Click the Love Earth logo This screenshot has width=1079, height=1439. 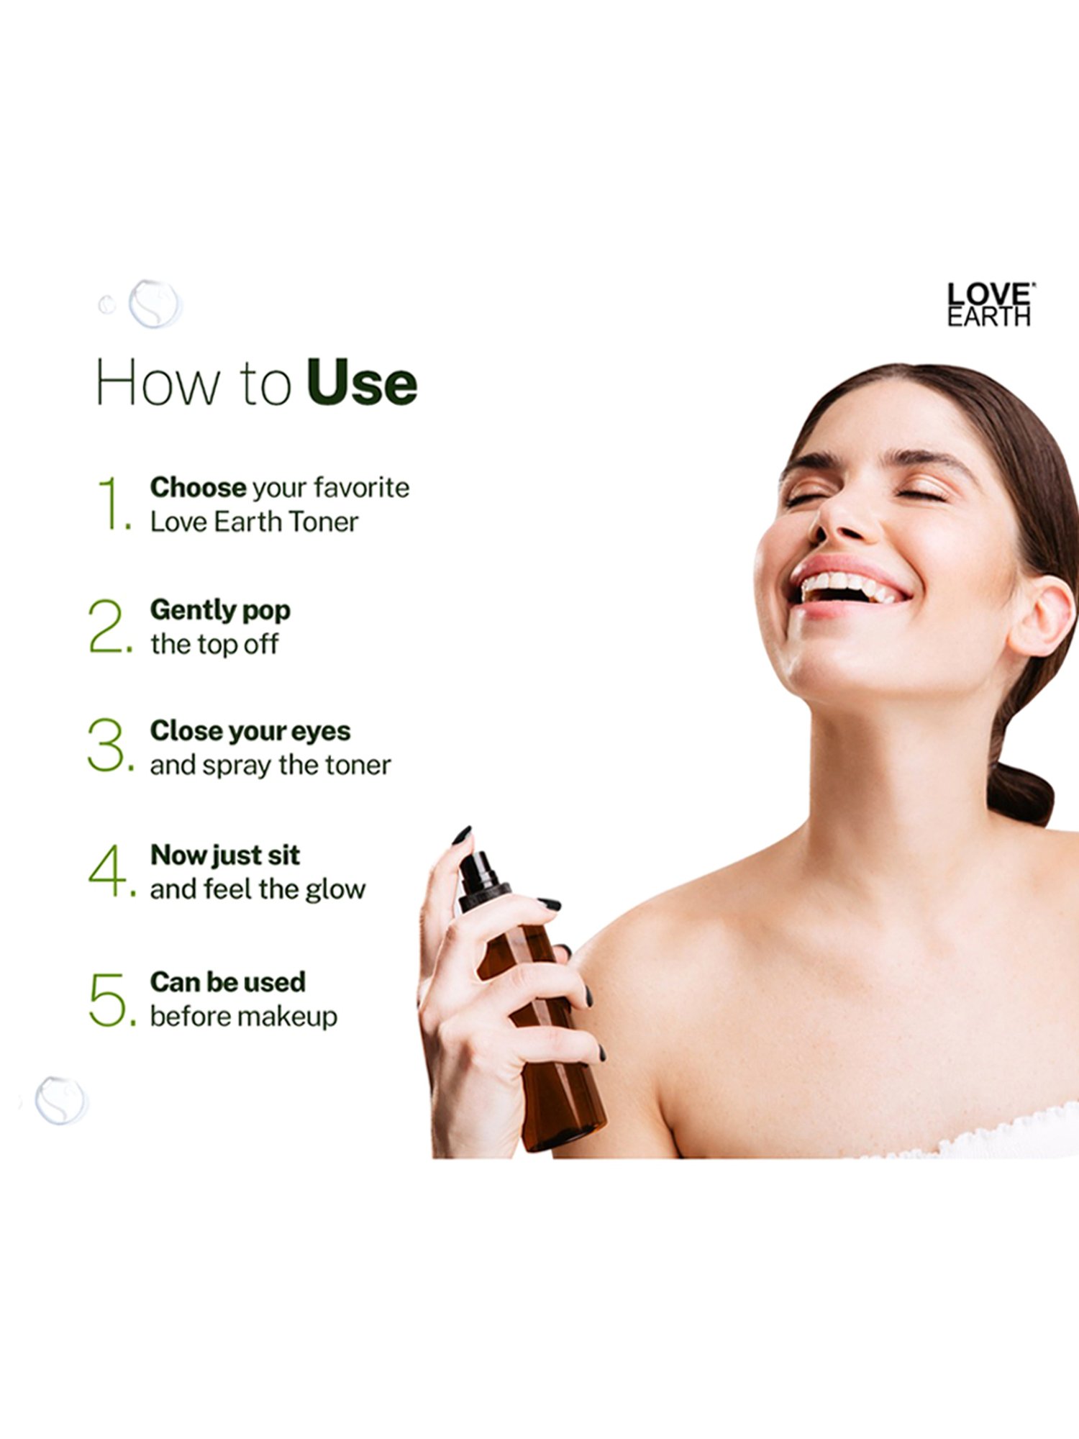click(x=989, y=304)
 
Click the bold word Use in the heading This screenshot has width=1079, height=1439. click(x=361, y=383)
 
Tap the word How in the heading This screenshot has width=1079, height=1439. click(x=158, y=383)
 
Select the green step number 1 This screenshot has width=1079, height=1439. click(x=112, y=504)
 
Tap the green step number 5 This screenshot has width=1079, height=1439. click(x=108, y=999)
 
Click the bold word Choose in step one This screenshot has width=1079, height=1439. click(x=198, y=488)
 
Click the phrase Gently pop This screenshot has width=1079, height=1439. click(x=220, y=611)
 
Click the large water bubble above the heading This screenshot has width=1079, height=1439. click(x=154, y=304)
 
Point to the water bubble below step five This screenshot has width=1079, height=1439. click(x=61, y=1100)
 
